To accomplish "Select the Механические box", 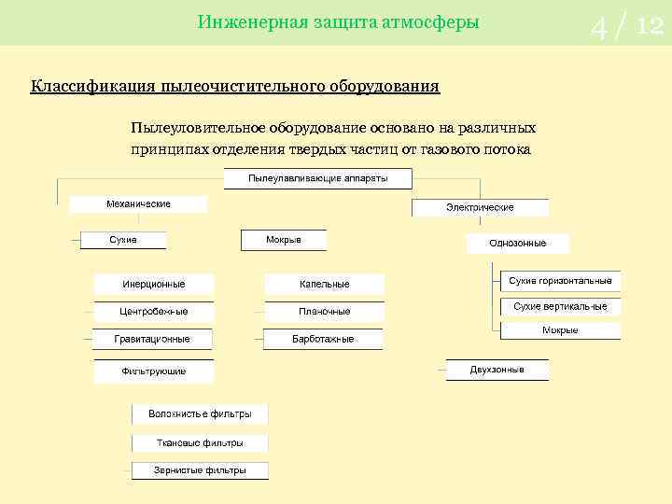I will point(138,204).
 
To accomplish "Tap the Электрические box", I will point(480,207).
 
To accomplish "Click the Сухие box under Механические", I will point(123,240).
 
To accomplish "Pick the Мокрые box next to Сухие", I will point(284,240).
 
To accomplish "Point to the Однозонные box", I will point(517,243).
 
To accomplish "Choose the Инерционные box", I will point(153,285).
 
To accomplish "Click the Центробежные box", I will point(153,312).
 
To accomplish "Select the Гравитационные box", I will point(152,339).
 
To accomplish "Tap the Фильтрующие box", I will point(153,371).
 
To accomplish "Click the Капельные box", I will point(324,285).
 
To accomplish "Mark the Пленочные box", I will point(324,312).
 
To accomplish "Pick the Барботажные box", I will point(323,339).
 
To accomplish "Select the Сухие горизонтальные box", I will point(560,281).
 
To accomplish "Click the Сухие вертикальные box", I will point(560,306).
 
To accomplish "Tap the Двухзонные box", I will point(497,370).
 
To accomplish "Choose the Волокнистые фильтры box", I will point(199,413).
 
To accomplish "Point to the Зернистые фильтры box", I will point(200,470).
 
